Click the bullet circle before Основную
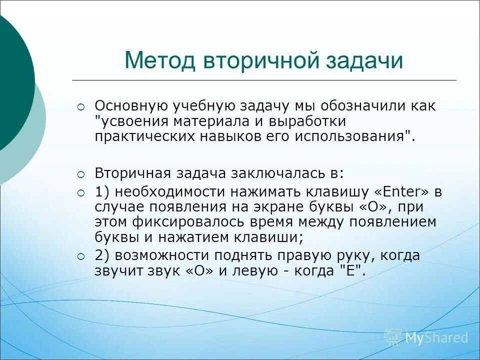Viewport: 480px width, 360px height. coord(81,106)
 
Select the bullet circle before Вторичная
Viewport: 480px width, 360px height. coord(81,173)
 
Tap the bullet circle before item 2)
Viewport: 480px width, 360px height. coord(81,256)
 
